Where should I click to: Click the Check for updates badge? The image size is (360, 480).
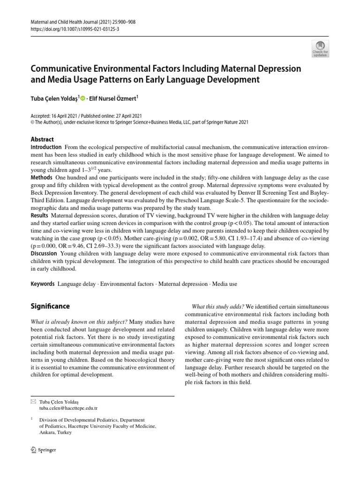tap(321, 49)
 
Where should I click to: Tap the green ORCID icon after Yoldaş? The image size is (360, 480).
tap(83, 99)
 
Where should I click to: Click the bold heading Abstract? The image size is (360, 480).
tap(42, 139)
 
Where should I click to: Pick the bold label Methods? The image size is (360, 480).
tap(41, 178)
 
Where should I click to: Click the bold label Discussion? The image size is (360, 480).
tap(45, 254)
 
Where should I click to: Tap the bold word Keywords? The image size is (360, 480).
tap(43, 284)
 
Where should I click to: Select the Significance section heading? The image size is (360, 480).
tap(50, 306)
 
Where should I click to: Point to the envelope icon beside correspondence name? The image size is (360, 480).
tap(33, 402)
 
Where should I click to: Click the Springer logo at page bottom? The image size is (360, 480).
tap(43, 450)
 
